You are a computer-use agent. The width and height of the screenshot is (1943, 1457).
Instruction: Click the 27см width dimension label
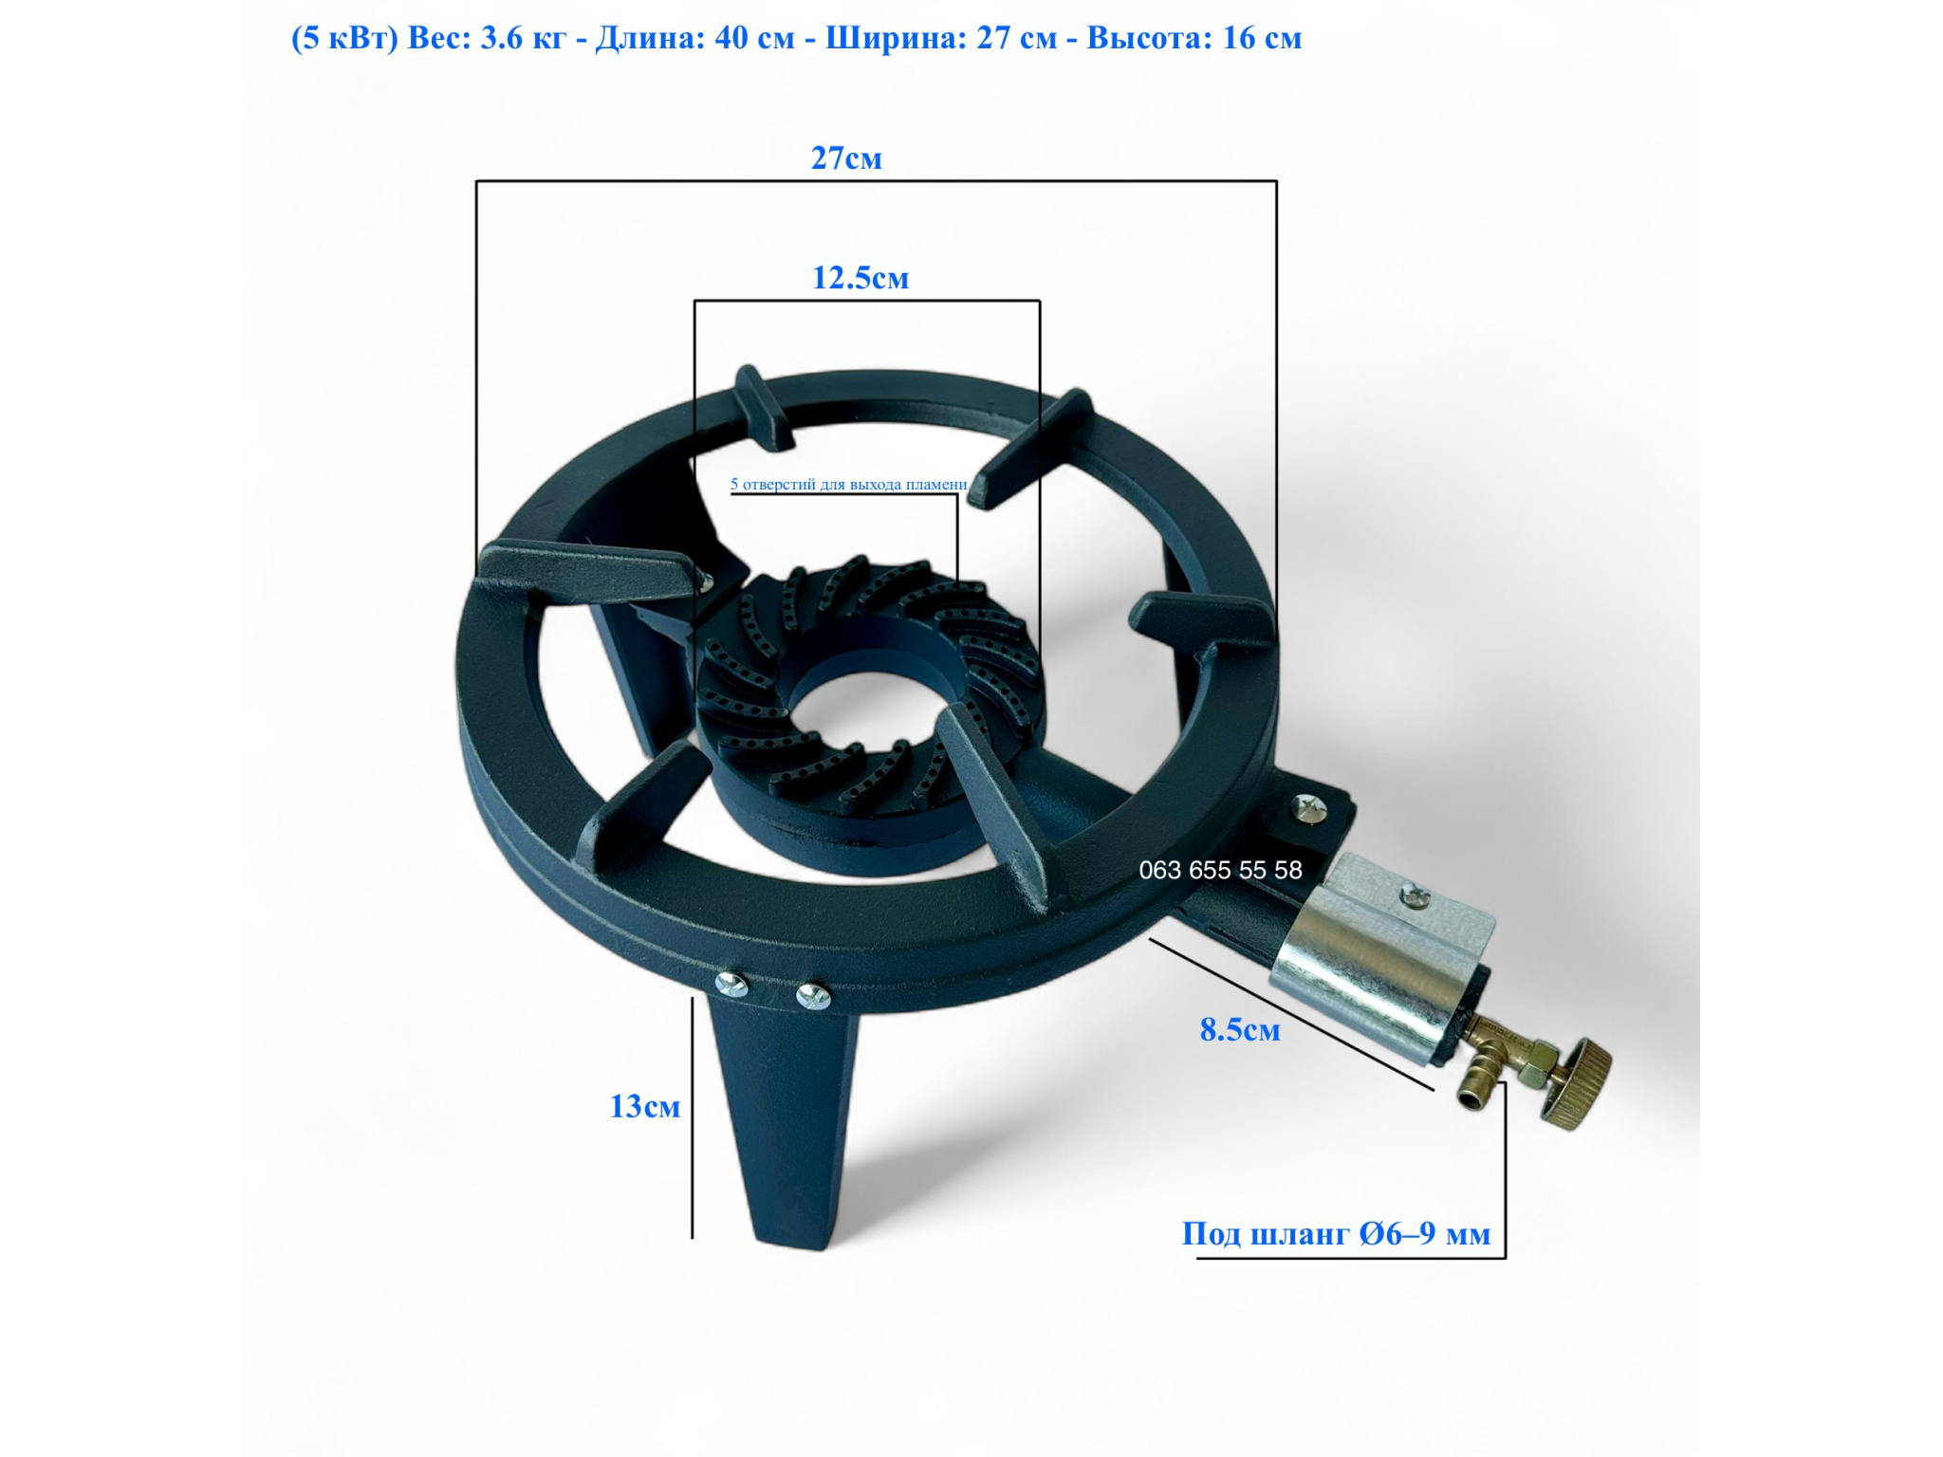[846, 157]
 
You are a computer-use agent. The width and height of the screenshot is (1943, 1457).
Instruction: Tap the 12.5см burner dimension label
[860, 277]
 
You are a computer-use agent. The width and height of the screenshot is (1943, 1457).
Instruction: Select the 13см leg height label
[645, 1106]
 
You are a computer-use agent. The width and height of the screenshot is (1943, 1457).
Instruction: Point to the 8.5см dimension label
[1240, 1029]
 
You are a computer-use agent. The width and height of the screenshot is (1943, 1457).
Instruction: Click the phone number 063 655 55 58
[1220, 870]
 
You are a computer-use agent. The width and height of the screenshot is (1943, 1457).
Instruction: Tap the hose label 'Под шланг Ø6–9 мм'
[1336, 1233]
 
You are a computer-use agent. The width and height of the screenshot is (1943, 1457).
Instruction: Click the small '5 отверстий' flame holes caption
[848, 484]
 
